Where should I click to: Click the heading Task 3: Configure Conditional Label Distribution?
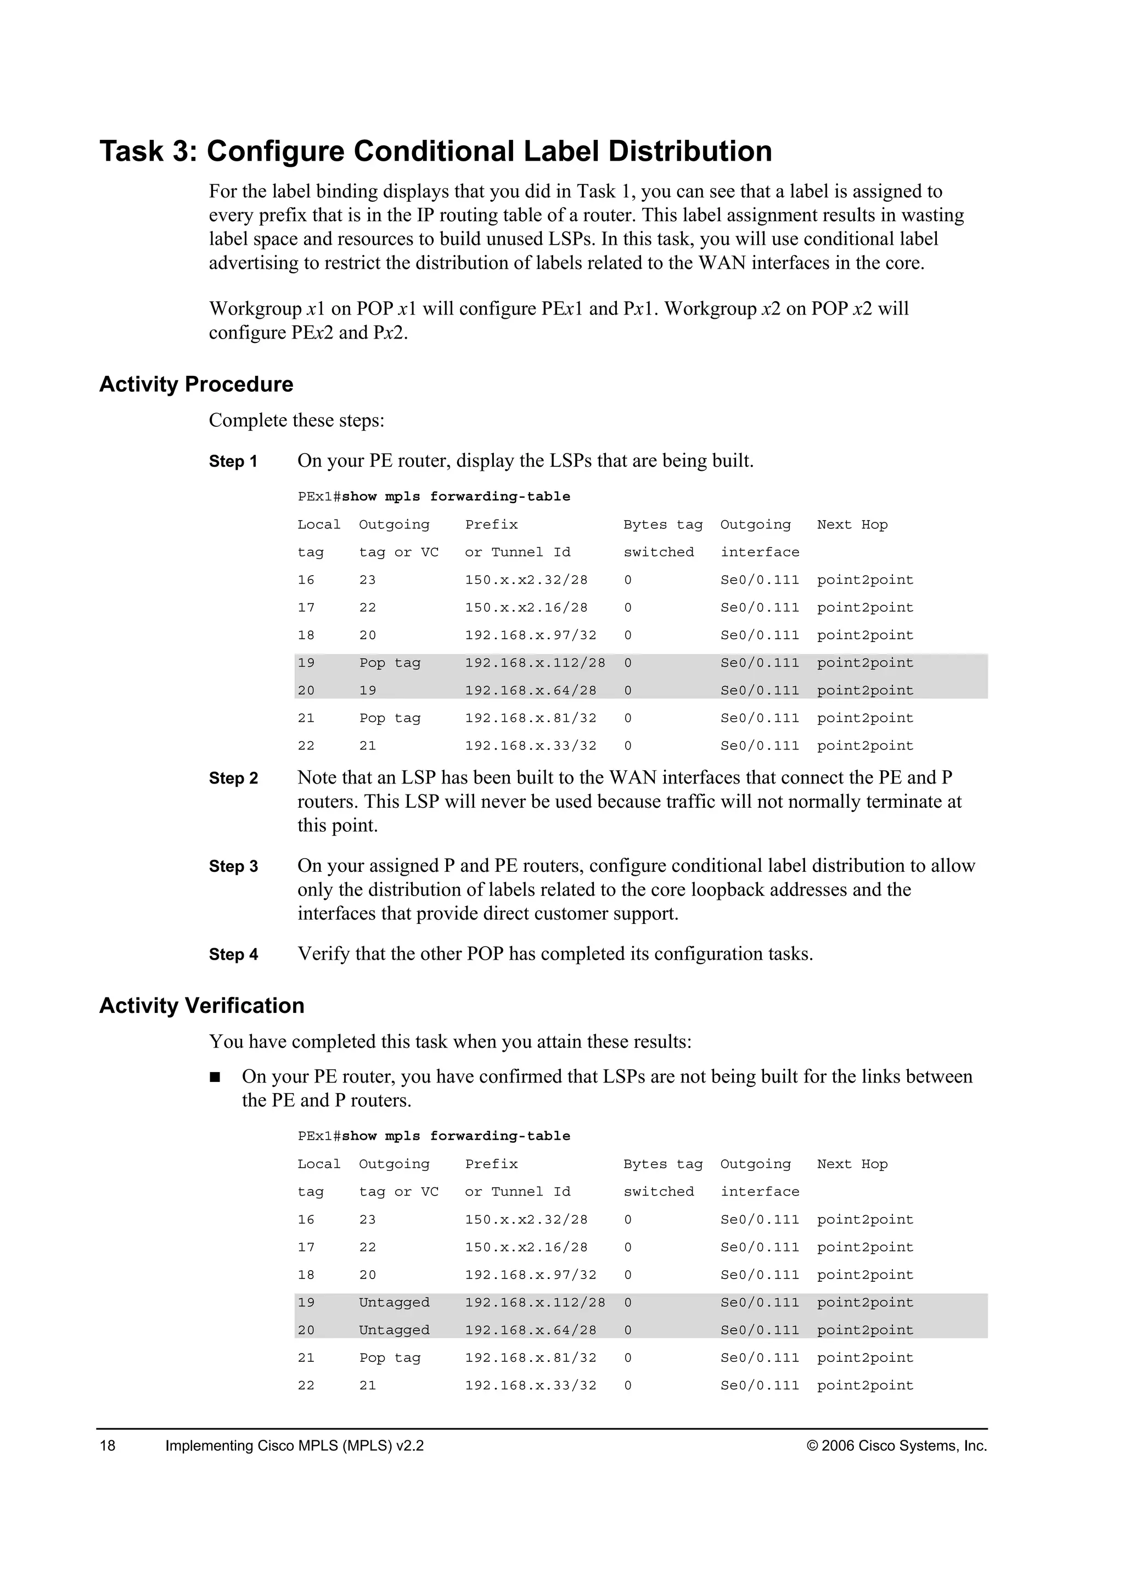[435, 151]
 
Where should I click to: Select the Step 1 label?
[233, 461]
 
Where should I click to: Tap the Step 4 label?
[233, 954]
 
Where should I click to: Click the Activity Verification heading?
[201, 1006]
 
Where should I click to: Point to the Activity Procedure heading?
[196, 384]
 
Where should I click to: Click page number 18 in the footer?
[108, 1445]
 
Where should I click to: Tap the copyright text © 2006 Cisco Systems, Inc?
[896, 1445]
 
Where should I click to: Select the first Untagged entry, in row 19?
[394, 1303]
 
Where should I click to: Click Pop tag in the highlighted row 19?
[390, 663]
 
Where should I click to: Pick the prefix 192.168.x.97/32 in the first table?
[530, 635]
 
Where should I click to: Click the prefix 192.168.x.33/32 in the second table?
[530, 1385]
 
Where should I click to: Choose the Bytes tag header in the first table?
[662, 525]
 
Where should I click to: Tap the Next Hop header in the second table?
[852, 1164]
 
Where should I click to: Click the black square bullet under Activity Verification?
[215, 1077]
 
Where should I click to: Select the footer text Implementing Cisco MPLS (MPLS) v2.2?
[294, 1445]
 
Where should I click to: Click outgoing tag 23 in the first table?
[368, 580]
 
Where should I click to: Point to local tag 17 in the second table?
[306, 1247]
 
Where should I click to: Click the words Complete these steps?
[296, 421]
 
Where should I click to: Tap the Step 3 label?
[233, 866]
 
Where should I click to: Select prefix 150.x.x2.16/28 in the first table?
[526, 607]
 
